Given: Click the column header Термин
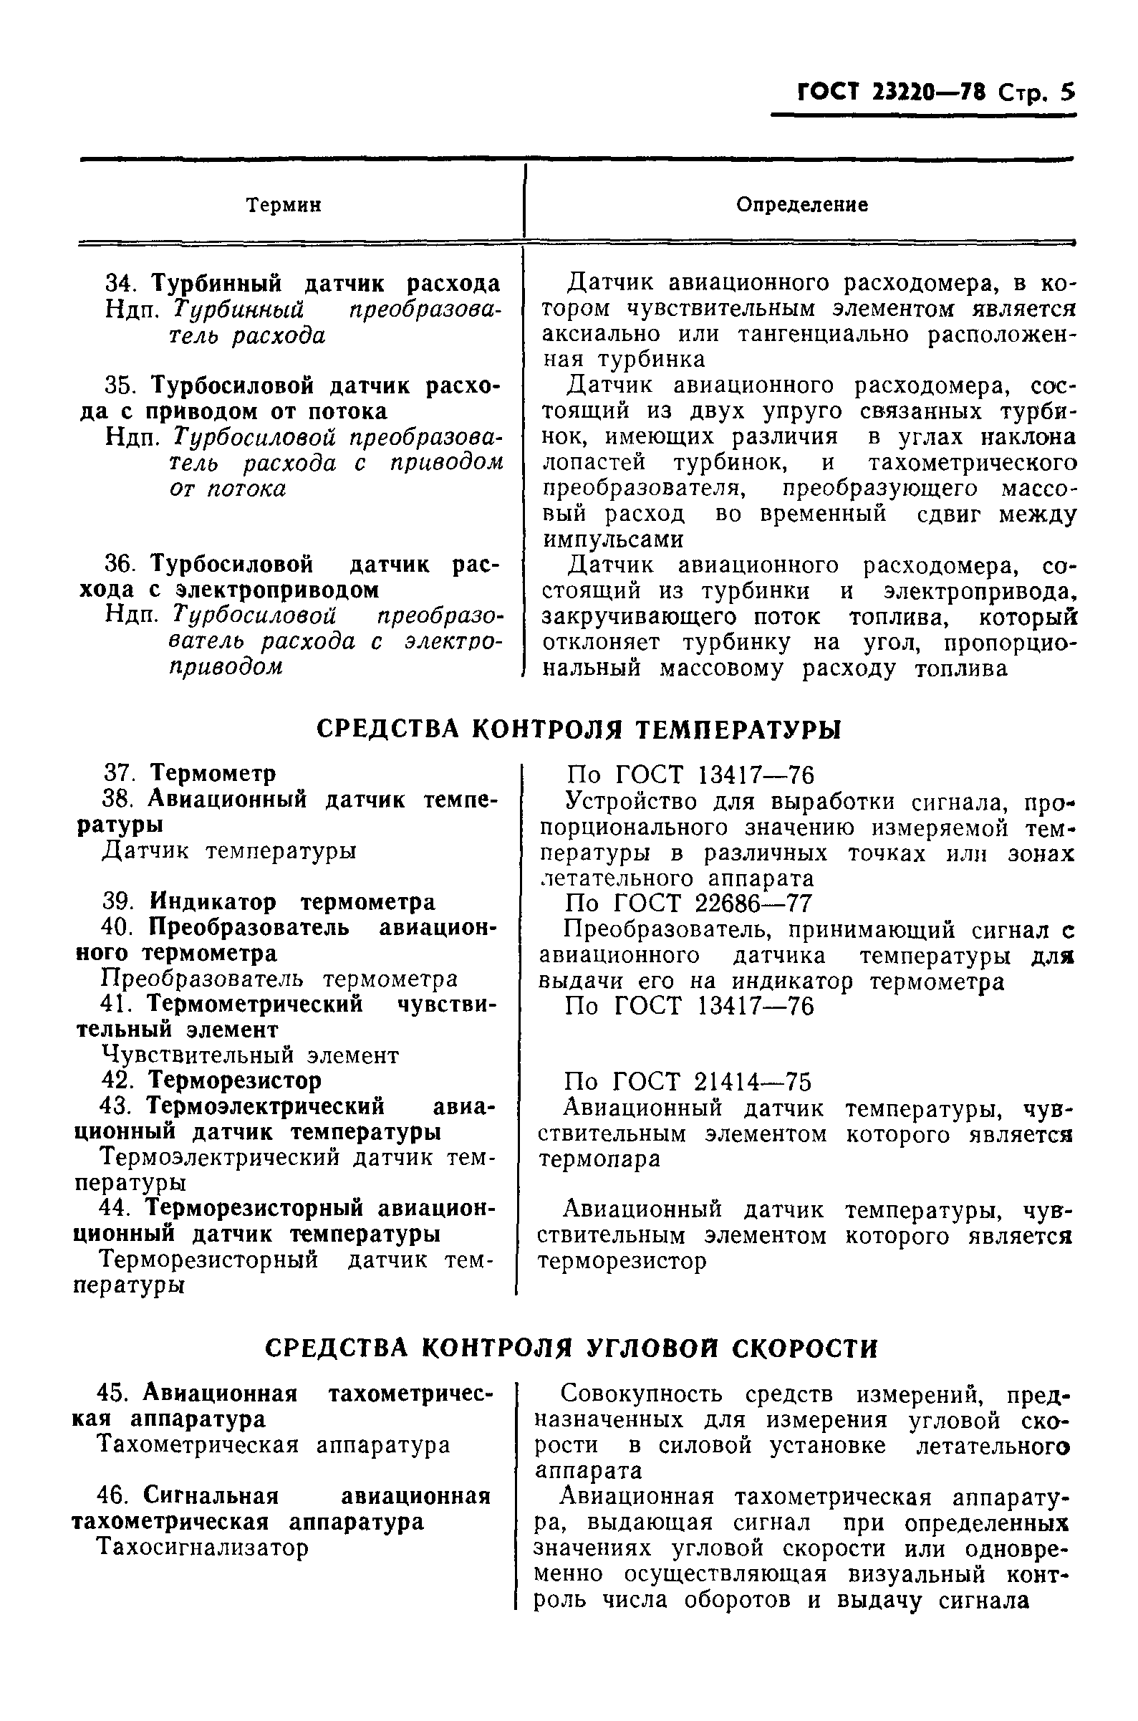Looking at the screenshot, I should (284, 206).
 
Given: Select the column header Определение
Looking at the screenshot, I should (802, 205).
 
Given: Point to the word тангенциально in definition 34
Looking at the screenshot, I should (824, 335).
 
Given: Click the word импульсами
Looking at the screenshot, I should (613, 540).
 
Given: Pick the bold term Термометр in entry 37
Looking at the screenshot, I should (213, 774).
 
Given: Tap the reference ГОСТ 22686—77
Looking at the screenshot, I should (713, 903).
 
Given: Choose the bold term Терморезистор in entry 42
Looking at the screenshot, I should (234, 1080).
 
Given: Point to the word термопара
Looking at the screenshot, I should (599, 1159).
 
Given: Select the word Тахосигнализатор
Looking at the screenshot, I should (203, 1548).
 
